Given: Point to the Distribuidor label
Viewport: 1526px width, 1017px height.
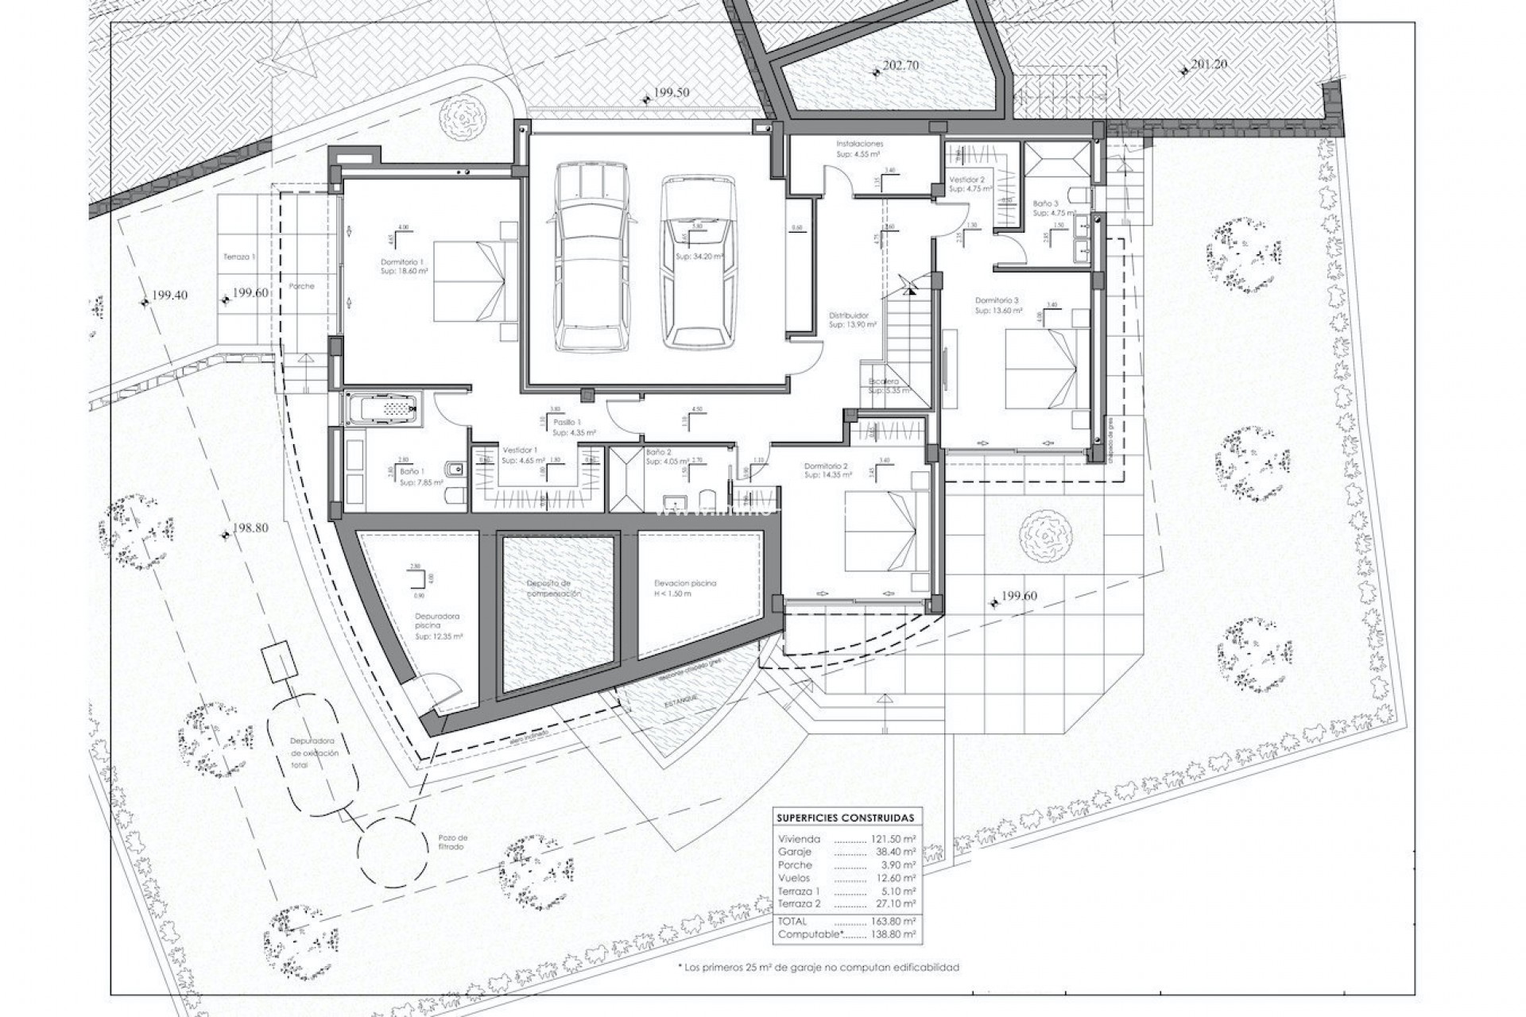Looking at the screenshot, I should pos(848,315).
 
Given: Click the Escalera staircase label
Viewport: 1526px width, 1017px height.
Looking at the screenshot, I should pos(884,382).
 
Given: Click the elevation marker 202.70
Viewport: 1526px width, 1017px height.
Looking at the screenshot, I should pos(900,66).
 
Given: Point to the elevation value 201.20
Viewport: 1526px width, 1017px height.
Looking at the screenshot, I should pos(1208,64).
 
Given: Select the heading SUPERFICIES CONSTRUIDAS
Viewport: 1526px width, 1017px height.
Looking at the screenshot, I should pos(845,818).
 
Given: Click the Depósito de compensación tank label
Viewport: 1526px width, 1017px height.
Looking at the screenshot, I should pos(554,589).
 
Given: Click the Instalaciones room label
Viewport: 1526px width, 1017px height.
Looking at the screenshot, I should pos(859,145).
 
